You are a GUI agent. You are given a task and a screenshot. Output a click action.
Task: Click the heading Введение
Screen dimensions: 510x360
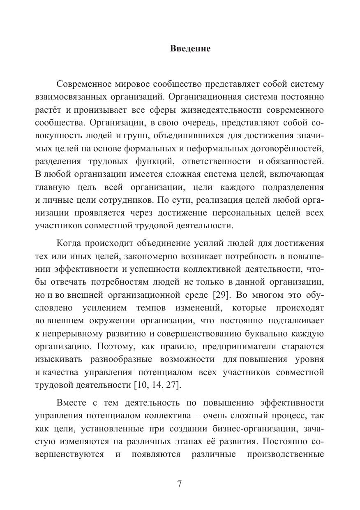190,49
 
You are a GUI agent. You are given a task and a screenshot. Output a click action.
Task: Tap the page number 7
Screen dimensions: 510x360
180,484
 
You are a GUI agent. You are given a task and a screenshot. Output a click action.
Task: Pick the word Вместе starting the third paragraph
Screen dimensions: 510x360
72,402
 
